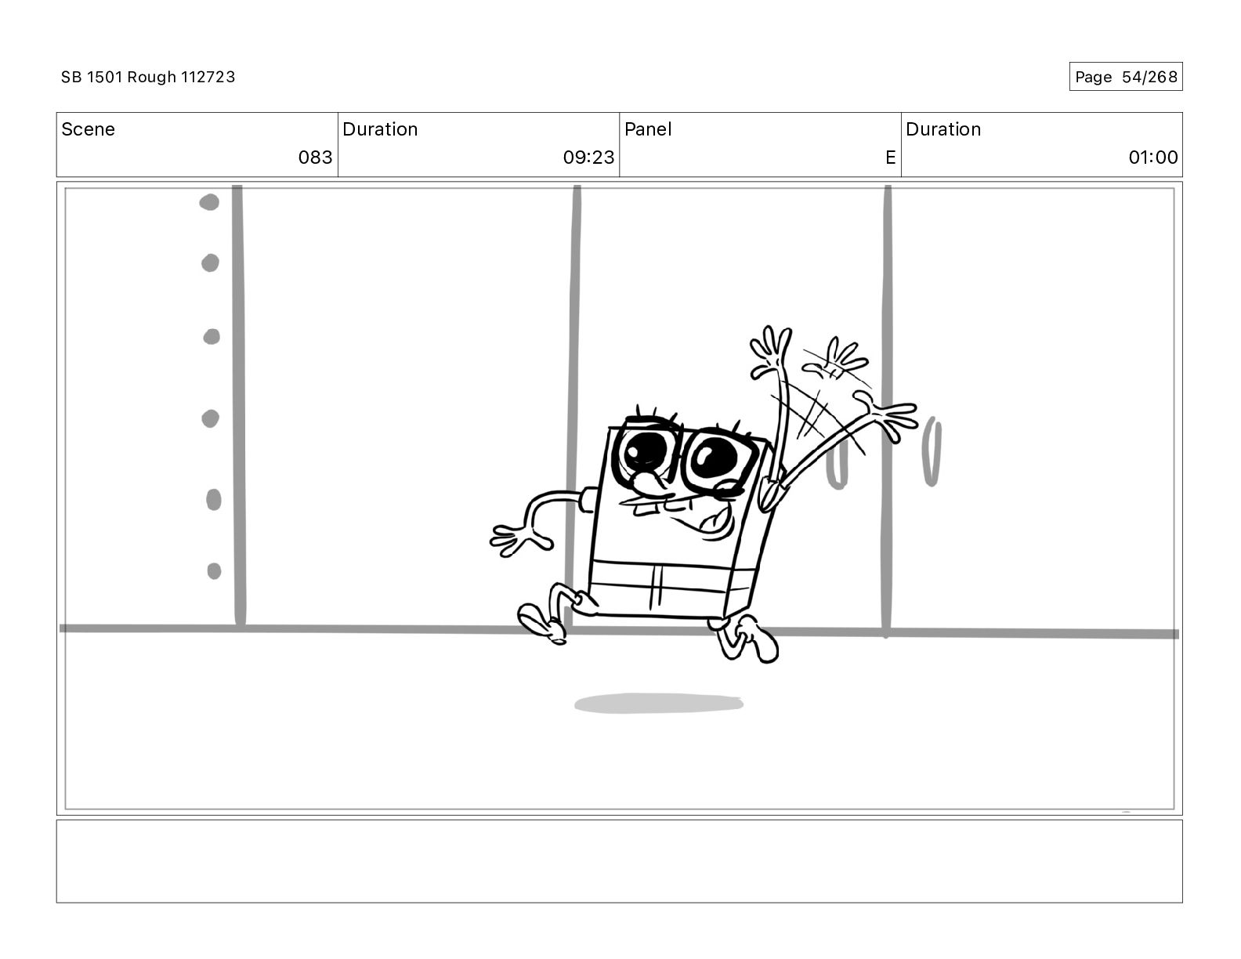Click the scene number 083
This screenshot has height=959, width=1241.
point(315,157)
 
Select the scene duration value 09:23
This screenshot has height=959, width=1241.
point(588,157)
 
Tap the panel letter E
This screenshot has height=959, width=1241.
point(890,157)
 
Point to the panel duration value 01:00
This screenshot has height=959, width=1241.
point(1152,157)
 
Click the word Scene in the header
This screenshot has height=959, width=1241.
point(88,129)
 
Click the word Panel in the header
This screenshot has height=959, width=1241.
point(648,129)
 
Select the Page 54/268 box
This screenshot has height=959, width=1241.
point(1125,77)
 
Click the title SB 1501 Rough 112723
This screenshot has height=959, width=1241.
point(148,77)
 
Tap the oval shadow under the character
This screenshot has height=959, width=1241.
point(658,704)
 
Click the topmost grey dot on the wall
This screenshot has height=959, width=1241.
point(209,202)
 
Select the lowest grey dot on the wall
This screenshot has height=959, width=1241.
point(214,571)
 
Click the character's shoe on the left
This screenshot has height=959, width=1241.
point(541,623)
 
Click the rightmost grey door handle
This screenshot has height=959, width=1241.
point(932,452)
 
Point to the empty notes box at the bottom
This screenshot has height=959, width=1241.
point(619,861)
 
